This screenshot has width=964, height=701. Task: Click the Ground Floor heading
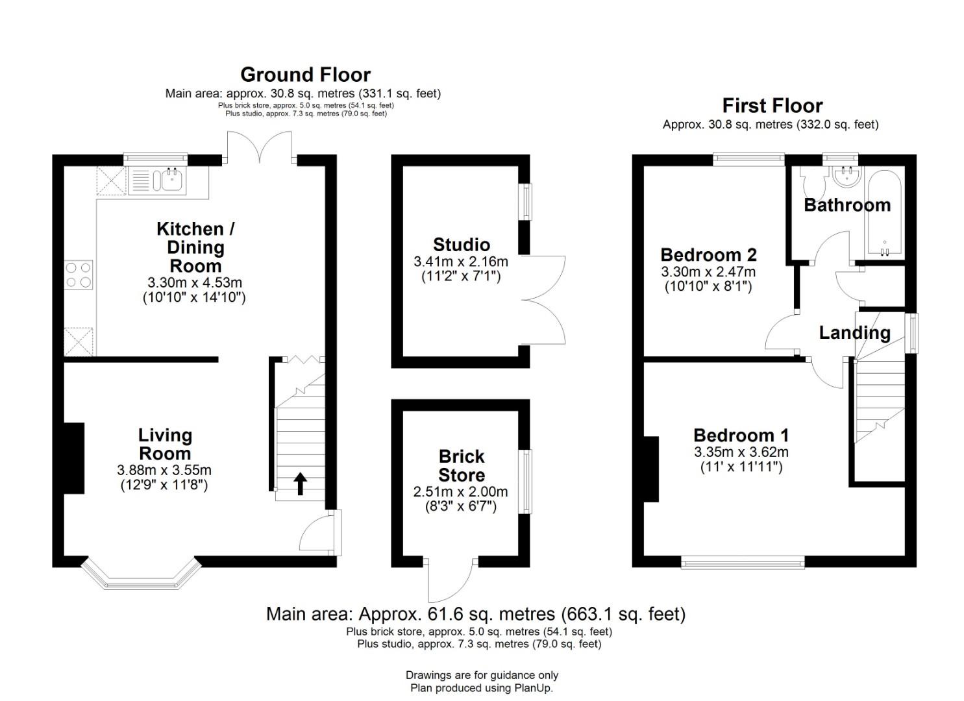pyautogui.click(x=305, y=75)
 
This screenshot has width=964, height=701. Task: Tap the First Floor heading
pyautogui.click(x=772, y=106)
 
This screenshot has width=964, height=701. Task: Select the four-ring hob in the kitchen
pyautogui.click(x=79, y=275)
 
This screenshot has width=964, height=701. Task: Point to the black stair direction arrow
pyautogui.click(x=301, y=484)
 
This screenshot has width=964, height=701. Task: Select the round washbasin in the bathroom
pyautogui.click(x=847, y=177)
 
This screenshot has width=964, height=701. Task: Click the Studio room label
pyautogui.click(x=462, y=245)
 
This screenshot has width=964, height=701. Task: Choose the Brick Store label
pyautogui.click(x=462, y=465)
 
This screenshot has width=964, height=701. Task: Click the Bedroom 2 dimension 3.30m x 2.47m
pyautogui.click(x=708, y=272)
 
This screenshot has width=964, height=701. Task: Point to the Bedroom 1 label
pyautogui.click(x=741, y=436)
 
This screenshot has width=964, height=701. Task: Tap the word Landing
pyautogui.click(x=854, y=333)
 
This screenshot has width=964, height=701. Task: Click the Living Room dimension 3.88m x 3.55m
pyautogui.click(x=164, y=471)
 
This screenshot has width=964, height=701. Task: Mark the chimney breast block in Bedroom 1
pyautogui.click(x=651, y=469)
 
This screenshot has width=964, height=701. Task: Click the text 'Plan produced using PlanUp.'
pyautogui.click(x=482, y=688)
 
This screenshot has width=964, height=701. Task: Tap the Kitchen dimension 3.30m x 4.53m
pyautogui.click(x=195, y=283)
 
